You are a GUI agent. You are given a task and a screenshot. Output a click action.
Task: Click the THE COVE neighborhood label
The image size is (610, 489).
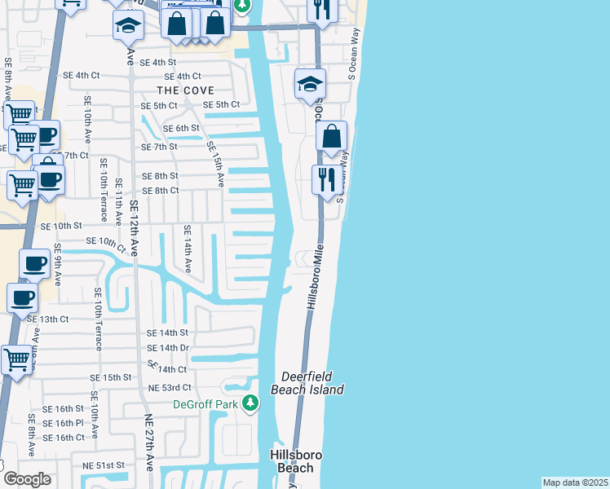pyautogui.click(x=185, y=90)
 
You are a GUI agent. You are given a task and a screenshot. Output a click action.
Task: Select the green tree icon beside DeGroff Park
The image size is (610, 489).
pyautogui.click(x=253, y=403)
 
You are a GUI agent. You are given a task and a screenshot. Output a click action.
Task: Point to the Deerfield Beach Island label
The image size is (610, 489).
pyautogui.click(x=312, y=383)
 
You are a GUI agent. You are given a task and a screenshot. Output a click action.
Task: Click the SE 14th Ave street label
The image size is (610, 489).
pyautogui.click(x=188, y=249)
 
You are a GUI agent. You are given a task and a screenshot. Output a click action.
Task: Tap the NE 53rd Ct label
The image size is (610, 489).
pyautogui.click(x=169, y=387)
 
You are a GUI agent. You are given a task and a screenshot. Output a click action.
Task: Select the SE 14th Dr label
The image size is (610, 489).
pyautogui.click(x=168, y=348)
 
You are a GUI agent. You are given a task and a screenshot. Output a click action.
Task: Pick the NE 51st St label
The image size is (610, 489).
pyautogui.click(x=104, y=465)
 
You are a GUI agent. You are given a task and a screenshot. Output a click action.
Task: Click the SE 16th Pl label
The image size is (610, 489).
pyautogui.click(x=64, y=423)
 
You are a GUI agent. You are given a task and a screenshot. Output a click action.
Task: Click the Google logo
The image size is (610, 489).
pyautogui.click(x=26, y=479)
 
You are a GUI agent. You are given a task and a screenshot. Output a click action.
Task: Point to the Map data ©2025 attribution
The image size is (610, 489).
pyautogui.click(x=575, y=482)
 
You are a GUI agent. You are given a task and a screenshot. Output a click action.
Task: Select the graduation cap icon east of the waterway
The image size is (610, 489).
pyautogui.click(x=310, y=83)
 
